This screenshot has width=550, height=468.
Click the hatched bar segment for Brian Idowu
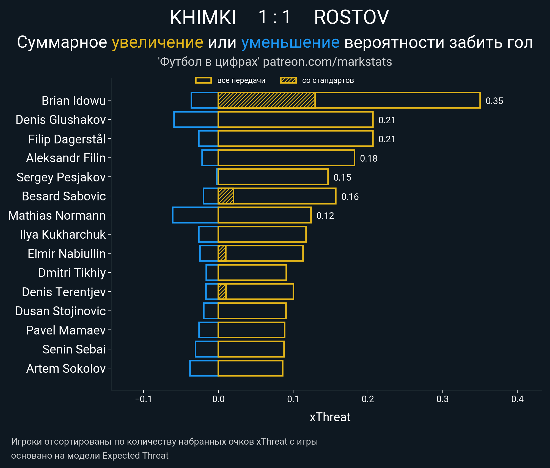pyautogui.click(x=266, y=100)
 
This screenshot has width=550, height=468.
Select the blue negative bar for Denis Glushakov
pyautogui.click(x=196, y=120)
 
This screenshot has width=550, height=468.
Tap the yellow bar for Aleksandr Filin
pyautogui.click(x=286, y=158)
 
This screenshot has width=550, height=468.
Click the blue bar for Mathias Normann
pyautogui.click(x=195, y=215)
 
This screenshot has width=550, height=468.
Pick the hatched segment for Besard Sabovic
pyautogui.click(x=226, y=196)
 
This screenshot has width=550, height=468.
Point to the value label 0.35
pyautogui.click(x=494, y=101)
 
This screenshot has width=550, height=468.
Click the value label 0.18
pyautogui.click(x=369, y=158)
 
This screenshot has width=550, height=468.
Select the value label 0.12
pyautogui.click(x=325, y=216)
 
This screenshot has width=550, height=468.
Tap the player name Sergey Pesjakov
pyautogui.click(x=61, y=177)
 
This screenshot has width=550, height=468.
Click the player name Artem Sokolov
pyautogui.click(x=66, y=368)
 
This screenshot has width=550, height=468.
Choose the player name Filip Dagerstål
pyautogui.click(x=67, y=139)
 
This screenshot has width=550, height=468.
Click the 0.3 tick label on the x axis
pyautogui.click(x=442, y=399)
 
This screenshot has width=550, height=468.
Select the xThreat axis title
pyautogui.click(x=330, y=417)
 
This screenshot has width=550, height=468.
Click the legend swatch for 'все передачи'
pyautogui.click(x=203, y=80)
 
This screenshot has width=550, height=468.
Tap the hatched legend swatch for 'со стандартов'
pyautogui.click(x=288, y=80)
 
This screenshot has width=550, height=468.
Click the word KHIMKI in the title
pyautogui.click(x=203, y=17)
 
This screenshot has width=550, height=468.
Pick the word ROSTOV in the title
pyautogui.click(x=351, y=17)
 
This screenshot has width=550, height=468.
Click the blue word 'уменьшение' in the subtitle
pyautogui.click(x=290, y=42)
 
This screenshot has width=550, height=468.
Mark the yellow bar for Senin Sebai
pyautogui.click(x=251, y=349)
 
